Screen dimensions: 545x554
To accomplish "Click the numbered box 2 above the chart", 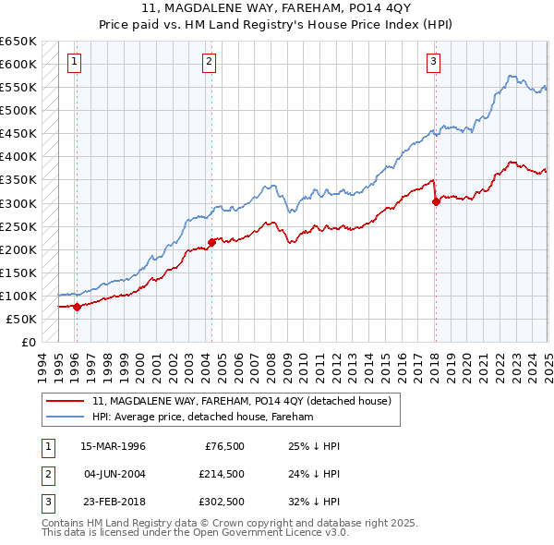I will point(210,62).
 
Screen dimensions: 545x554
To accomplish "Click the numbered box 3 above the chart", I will point(433,62).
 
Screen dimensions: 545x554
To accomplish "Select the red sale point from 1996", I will point(77,308).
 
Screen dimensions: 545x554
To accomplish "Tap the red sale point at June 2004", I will point(211,243).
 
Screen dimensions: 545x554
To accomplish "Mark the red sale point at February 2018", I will point(436,202).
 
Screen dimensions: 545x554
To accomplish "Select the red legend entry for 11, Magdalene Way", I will point(242,401).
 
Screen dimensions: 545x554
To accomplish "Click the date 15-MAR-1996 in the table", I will point(113,446).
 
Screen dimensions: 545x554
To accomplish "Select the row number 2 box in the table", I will point(47,474).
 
